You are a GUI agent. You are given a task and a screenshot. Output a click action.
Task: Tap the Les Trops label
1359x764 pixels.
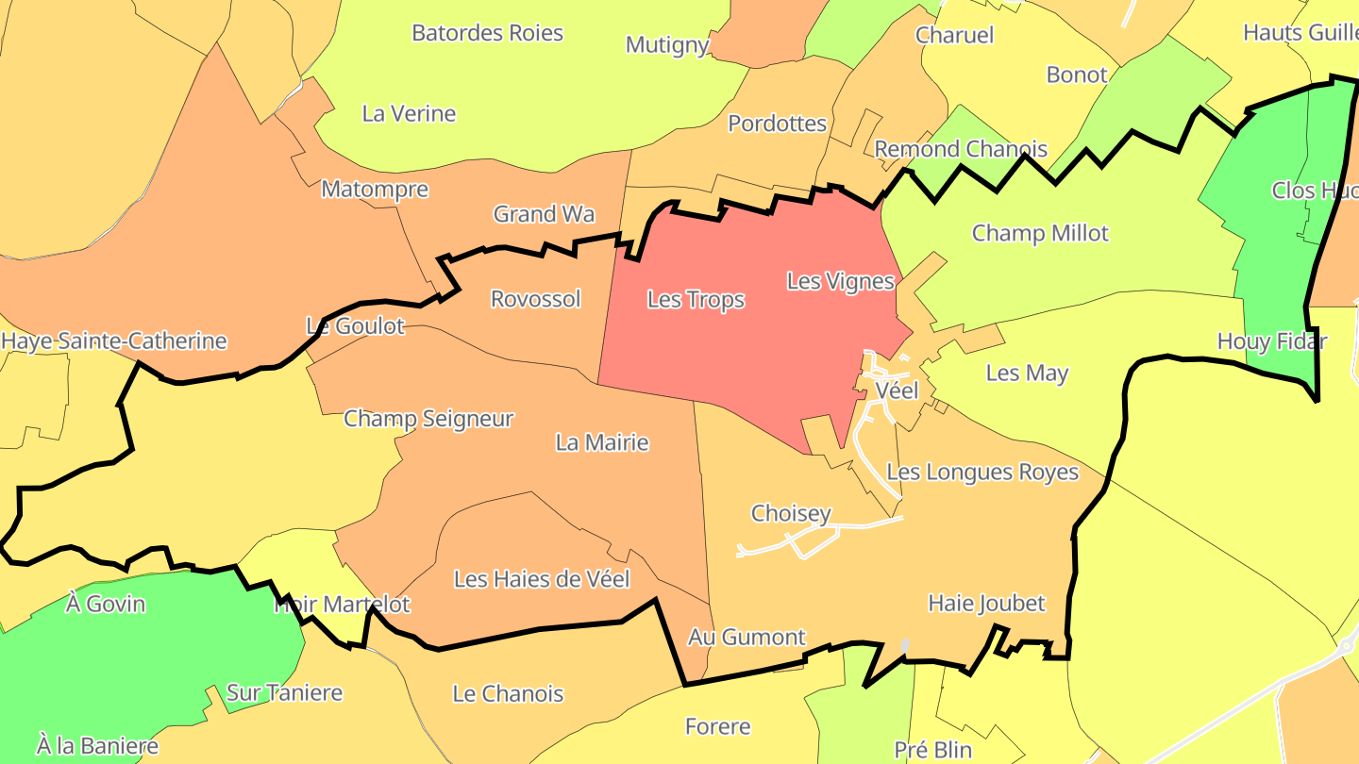point(696,300)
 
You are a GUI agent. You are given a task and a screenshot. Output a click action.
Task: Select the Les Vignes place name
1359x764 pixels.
point(840,281)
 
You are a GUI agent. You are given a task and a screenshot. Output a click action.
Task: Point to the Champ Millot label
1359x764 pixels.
point(1040,233)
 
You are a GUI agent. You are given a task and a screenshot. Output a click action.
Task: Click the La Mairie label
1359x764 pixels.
point(602,442)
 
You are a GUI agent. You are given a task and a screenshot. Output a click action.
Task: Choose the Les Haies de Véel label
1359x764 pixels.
point(542,579)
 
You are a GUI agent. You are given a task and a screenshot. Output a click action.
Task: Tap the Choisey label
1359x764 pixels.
point(791,513)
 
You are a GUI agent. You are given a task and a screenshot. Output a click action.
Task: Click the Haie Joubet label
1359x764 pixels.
point(986,603)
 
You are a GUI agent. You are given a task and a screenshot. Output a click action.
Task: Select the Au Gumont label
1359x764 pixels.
point(747,637)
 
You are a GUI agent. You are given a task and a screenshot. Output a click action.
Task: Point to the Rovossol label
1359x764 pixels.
point(535,299)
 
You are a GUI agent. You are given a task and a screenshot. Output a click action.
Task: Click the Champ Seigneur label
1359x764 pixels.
point(428,418)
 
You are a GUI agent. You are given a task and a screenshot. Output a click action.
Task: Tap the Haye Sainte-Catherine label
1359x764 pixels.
point(114,340)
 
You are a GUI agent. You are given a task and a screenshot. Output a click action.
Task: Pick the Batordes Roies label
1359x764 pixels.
point(487,33)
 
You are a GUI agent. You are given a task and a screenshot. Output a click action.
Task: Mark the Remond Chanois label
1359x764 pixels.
point(961,149)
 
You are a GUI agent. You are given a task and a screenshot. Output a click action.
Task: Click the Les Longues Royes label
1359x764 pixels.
point(982,472)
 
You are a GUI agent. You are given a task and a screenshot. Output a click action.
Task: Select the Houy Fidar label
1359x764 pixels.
point(1271,341)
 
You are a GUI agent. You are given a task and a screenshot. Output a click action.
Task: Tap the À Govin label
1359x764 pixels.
point(106,603)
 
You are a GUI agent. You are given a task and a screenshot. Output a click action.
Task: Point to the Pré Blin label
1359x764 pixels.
point(932,750)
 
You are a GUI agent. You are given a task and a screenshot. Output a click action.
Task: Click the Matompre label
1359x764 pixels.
point(375,189)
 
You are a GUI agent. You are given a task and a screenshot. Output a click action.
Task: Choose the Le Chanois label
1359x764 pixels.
point(508,694)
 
